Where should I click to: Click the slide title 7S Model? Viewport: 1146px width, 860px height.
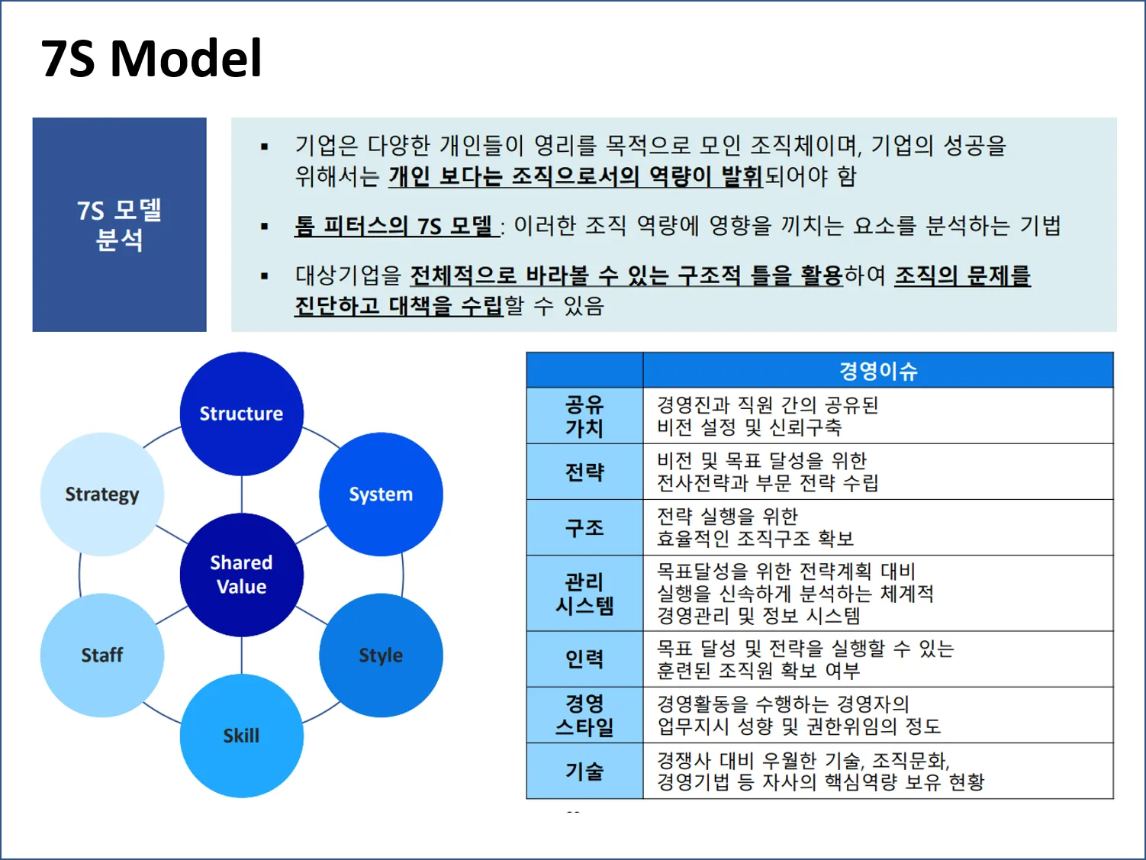(x=151, y=59)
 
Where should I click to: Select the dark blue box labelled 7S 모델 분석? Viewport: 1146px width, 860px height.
(x=119, y=224)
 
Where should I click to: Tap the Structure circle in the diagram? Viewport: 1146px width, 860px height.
(x=241, y=414)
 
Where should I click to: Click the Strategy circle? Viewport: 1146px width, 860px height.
(x=101, y=494)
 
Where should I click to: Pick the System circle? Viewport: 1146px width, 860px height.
(x=381, y=494)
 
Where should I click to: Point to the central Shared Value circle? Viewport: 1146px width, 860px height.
(x=241, y=575)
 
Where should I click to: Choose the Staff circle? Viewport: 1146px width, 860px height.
(x=101, y=655)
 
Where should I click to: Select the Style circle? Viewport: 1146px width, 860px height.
(x=381, y=655)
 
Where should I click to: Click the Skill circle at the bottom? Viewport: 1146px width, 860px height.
(x=241, y=736)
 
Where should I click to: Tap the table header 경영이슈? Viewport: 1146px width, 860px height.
(x=877, y=371)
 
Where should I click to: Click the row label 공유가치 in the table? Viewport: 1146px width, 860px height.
(x=584, y=416)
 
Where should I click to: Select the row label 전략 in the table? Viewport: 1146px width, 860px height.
(x=584, y=472)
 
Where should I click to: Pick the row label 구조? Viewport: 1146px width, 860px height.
(x=584, y=527)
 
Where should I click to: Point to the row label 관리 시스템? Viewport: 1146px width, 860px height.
(x=584, y=594)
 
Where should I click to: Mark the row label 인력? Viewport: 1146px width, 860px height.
(x=584, y=659)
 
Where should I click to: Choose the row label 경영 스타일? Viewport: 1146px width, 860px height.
(x=584, y=715)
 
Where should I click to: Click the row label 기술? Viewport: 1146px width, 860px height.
(x=584, y=771)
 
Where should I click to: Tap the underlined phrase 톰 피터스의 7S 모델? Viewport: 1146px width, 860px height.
(x=395, y=226)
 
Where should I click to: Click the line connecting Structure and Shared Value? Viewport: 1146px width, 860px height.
(x=242, y=494)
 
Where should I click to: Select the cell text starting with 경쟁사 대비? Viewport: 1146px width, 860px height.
(x=820, y=771)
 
